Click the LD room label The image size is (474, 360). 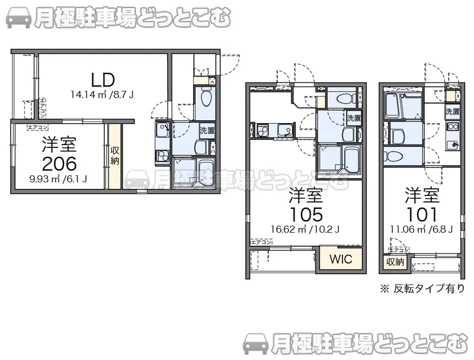pyautogui.click(x=103, y=79)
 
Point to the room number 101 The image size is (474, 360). pyautogui.click(x=422, y=214)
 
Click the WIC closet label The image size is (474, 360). pyautogui.click(x=340, y=259)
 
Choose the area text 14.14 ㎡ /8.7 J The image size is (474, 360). pyautogui.click(x=102, y=94)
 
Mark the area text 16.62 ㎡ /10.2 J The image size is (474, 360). pyautogui.click(x=305, y=229)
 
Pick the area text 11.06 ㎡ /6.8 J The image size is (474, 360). pyautogui.click(x=422, y=229)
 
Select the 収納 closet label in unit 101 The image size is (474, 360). pyautogui.click(x=395, y=262)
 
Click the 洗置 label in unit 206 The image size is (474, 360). pyautogui.click(x=207, y=130)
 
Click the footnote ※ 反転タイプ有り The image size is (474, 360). pyautogui.click(x=422, y=288)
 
